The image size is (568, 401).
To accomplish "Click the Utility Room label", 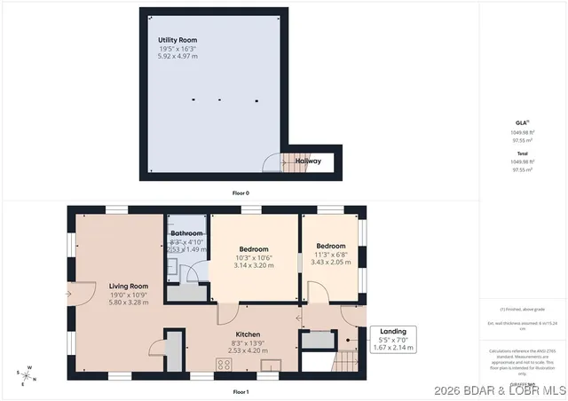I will (177, 41).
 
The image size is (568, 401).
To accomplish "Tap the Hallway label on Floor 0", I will (308, 161).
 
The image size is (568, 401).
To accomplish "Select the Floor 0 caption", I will (241, 193).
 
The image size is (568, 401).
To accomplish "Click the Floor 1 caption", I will (241, 391).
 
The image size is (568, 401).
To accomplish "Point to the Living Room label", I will (128, 286).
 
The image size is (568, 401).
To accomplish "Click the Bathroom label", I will (186, 233).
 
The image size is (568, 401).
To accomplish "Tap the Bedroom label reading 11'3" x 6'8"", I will (331, 246).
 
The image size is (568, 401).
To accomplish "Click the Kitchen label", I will (223, 334).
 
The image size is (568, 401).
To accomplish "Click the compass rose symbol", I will (28, 375).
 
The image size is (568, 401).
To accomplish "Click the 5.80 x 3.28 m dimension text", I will (128, 303).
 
